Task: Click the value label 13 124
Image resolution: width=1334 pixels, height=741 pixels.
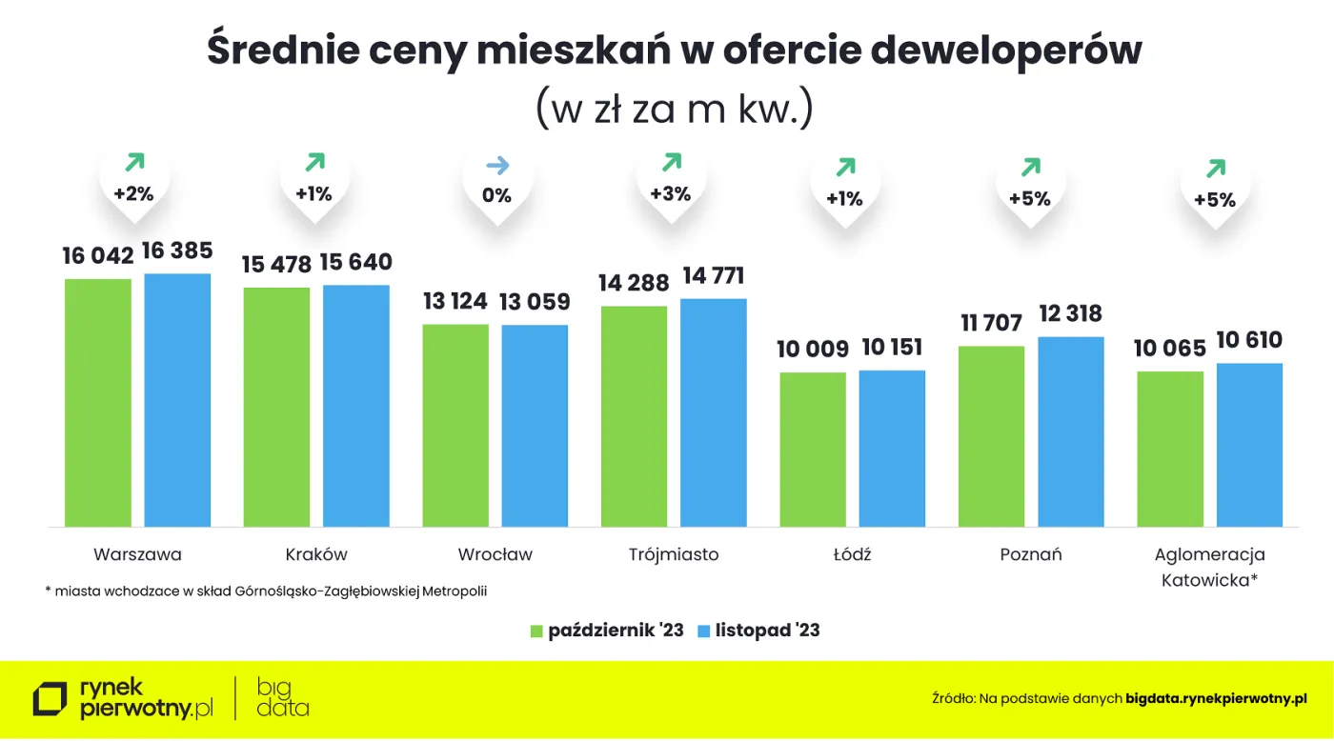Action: pos(455,302)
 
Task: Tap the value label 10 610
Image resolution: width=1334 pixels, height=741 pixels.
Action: pos(1249,340)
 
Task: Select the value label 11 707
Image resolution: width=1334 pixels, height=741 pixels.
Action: pos(991,324)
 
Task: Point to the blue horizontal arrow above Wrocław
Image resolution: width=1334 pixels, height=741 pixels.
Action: pos(497,166)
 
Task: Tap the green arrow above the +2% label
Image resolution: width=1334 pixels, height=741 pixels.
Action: pos(133,163)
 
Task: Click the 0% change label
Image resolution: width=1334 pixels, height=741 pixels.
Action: pos(496,195)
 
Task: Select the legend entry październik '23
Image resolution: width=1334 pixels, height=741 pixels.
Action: pos(607,631)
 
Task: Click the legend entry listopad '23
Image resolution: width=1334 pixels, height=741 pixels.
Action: pos(758,631)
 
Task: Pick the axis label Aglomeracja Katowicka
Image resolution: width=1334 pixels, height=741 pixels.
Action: pos(1209,567)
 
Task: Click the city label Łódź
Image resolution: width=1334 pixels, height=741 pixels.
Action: pos(851,554)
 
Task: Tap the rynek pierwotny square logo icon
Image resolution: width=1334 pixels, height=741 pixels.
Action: pos(51,698)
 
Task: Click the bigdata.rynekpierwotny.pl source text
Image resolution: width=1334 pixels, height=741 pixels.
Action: pos(1216,698)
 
